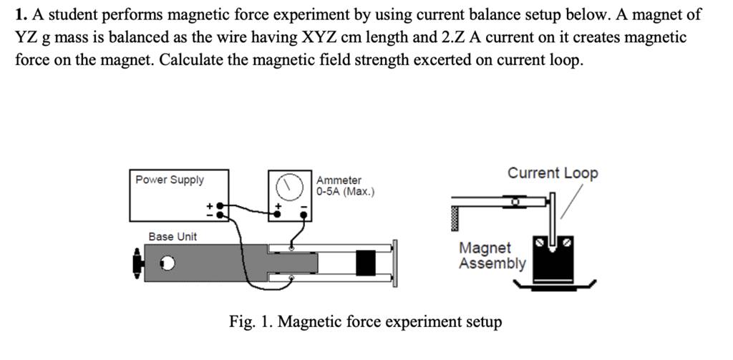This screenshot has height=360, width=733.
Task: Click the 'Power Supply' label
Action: point(170,180)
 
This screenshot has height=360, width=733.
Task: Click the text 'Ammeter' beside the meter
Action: point(339,180)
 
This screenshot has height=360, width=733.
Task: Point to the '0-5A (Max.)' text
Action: point(345,192)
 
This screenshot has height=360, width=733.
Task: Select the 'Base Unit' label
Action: point(173,236)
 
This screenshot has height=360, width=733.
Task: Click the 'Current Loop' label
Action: point(553,173)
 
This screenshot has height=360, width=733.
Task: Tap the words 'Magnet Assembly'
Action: point(492,256)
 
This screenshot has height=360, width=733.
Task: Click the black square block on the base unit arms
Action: point(366,263)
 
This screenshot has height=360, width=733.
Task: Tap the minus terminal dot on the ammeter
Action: point(304,213)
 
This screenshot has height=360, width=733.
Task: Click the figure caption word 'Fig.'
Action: point(241,321)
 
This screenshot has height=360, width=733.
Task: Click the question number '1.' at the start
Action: point(21,14)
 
